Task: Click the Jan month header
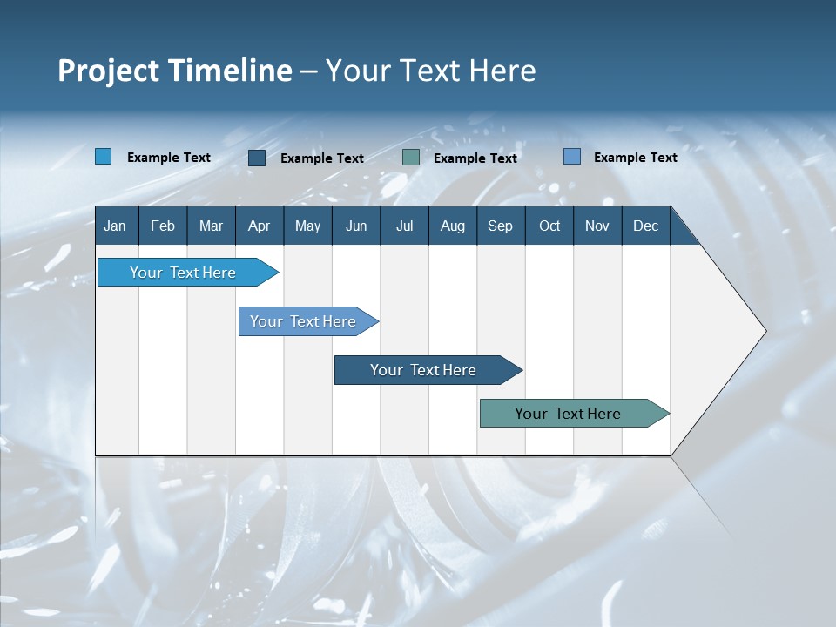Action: coord(115,226)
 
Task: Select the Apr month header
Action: coord(259,226)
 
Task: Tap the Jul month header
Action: coord(404,226)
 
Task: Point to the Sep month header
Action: coord(500,226)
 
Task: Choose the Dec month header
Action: coord(645,226)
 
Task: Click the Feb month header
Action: coord(163,226)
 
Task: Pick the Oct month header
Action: coord(549,226)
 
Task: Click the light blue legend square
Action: coord(104,157)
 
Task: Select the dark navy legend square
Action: coord(257,158)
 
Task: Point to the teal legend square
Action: coord(411,158)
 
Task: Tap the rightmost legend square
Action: coord(572,157)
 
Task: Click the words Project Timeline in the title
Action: coord(175,71)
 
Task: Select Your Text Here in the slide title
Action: coord(430,71)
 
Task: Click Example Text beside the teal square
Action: coord(475,158)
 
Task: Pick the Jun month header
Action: coord(356,226)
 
